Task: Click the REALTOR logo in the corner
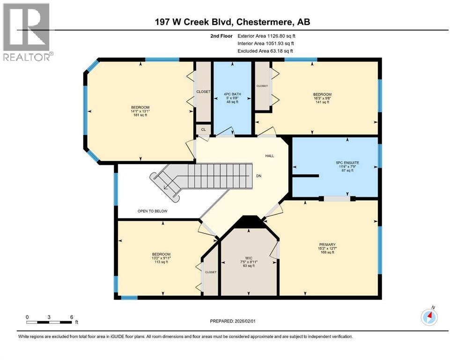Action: pyautogui.click(x=27, y=32)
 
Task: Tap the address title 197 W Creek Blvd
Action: pyautogui.click(x=233, y=22)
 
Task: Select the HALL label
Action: pyautogui.click(x=269, y=156)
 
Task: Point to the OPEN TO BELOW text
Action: pyautogui.click(x=152, y=211)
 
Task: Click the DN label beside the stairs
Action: pyautogui.click(x=258, y=176)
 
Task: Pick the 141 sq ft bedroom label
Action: pyautogui.click(x=322, y=98)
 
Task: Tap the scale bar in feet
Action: pyautogui.click(x=49, y=322)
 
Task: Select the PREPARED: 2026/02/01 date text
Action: pyautogui.click(x=232, y=321)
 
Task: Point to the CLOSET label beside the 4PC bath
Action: pyautogui.click(x=203, y=91)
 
